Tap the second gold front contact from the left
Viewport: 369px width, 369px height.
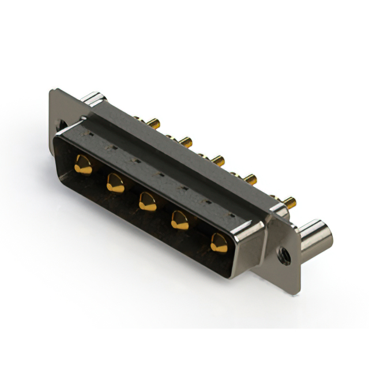(115, 183)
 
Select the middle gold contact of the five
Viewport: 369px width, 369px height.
(146, 201)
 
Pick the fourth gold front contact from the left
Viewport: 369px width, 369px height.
(180, 220)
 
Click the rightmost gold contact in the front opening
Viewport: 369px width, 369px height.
(218, 242)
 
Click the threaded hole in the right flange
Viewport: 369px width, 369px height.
(283, 251)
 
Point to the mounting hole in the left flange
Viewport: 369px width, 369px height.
(59, 123)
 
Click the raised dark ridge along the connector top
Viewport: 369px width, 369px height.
(173, 147)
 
